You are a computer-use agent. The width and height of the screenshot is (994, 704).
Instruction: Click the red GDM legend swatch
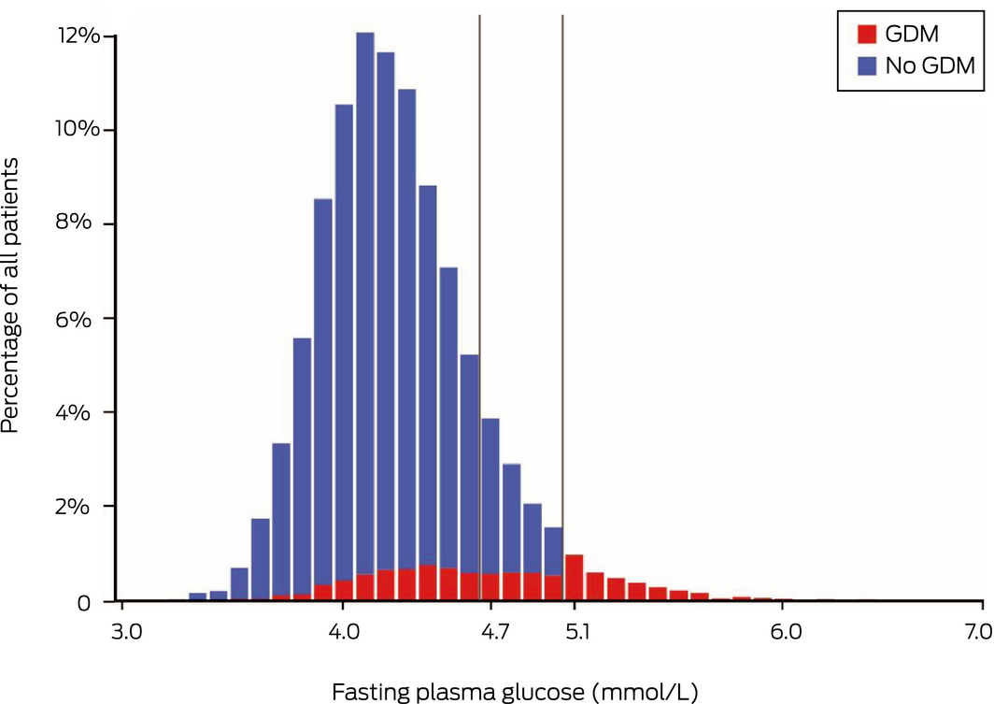point(866,34)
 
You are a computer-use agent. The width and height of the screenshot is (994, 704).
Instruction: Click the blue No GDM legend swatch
point(866,65)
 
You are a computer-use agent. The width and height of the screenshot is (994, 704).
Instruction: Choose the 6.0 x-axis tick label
point(783,633)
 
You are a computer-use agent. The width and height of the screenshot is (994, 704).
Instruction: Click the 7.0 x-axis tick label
point(979,633)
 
